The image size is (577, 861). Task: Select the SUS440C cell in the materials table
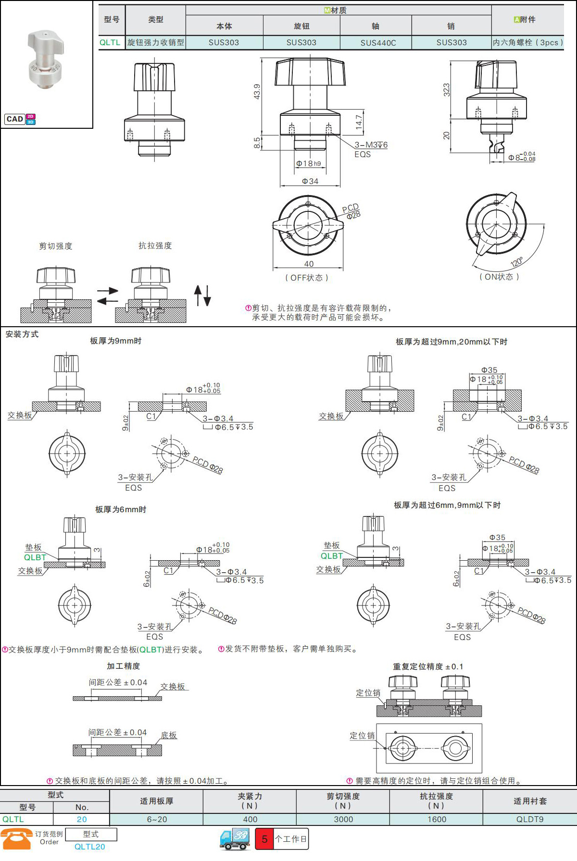(x=378, y=43)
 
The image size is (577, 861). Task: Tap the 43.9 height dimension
(x=257, y=91)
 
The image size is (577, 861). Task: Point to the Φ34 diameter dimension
(x=310, y=181)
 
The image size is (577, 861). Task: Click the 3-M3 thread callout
(x=371, y=145)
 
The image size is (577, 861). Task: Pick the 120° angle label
(x=517, y=262)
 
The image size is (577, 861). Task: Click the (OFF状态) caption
(x=307, y=278)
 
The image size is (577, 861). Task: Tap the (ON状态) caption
(x=499, y=277)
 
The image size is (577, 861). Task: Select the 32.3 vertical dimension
(x=447, y=90)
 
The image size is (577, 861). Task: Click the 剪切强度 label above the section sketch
(x=56, y=246)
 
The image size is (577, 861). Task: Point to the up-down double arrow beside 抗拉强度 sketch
(x=202, y=295)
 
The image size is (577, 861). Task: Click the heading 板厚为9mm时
(x=116, y=341)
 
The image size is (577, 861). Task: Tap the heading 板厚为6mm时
(x=121, y=509)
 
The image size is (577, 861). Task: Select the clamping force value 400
(x=250, y=819)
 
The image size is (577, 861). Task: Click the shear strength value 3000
(x=343, y=819)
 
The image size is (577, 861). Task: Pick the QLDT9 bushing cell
(x=530, y=819)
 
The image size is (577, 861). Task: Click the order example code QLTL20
(x=90, y=847)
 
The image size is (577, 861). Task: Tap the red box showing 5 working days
(x=264, y=839)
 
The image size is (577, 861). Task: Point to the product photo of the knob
(x=46, y=60)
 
